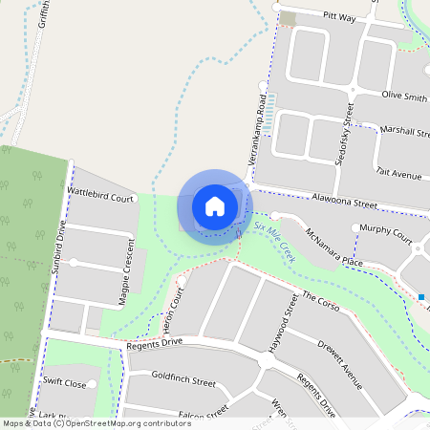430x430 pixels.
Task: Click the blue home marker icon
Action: [215, 205]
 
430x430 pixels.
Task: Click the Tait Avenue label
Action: [398, 175]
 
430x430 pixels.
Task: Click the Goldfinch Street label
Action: [183, 380]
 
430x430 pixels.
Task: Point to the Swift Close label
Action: [64, 383]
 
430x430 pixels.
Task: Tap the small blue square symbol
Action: [421, 297]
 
